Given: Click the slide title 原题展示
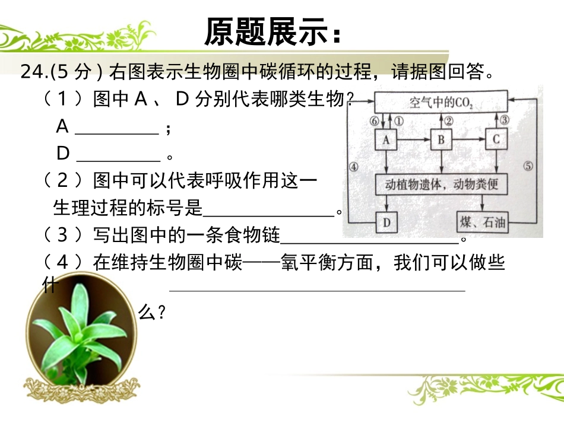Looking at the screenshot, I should coord(273,32).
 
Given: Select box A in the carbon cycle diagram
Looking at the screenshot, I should coord(386,140).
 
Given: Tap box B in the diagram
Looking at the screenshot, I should coord(441,140).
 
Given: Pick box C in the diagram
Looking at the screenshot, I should coord(496,140).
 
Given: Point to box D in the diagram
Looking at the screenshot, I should coord(386,223).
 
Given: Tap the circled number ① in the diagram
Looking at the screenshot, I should coord(399,120).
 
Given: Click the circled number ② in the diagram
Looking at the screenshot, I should coord(449,120).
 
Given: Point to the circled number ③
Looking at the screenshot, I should coord(504,120).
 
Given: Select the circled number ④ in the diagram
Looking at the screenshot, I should coord(354,167).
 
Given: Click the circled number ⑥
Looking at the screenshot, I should coord(373,120).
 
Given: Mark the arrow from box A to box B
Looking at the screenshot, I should coord(413,140).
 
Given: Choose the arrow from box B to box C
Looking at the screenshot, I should coord(469,140).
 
